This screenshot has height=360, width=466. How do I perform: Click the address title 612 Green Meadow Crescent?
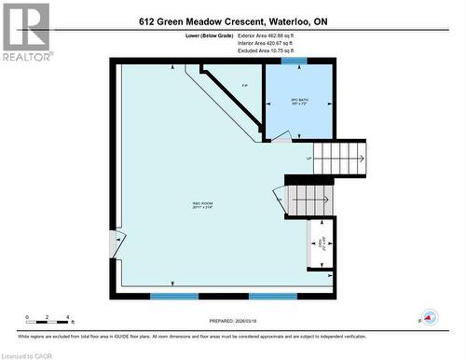click(x=234, y=21)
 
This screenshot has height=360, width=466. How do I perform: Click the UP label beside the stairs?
click(x=308, y=159)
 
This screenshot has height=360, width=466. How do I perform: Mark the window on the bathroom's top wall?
click(x=295, y=62)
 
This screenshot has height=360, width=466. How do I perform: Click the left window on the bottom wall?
click(x=173, y=296)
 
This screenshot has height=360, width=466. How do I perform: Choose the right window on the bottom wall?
click(x=272, y=296)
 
